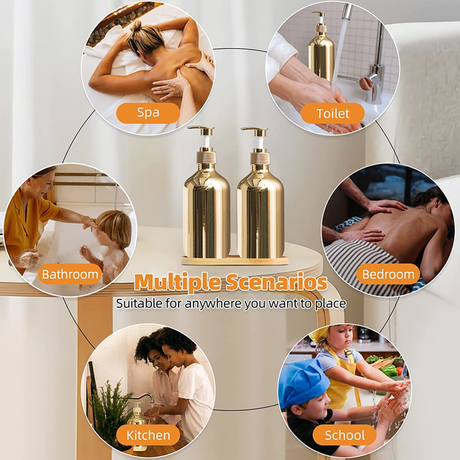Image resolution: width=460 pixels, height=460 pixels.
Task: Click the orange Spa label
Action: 148,113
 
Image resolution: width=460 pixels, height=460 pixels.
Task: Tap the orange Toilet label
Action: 333,113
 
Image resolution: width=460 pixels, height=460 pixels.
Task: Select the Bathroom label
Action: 70,274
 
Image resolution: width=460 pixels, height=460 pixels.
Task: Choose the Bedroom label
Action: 388,274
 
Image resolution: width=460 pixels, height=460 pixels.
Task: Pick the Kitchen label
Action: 148,435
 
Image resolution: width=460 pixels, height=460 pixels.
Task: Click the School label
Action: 345,435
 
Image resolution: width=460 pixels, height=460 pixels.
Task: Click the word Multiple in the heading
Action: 177,283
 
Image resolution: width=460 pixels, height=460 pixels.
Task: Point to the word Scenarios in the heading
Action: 276,282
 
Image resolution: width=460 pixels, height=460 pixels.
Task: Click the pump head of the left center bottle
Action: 201,131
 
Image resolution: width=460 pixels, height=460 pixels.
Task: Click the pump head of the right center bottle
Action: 255,131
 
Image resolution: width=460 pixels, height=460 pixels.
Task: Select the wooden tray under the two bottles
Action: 234,260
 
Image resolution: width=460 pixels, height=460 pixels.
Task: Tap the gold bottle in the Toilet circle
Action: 321,47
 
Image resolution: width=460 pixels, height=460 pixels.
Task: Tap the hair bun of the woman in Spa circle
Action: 136,26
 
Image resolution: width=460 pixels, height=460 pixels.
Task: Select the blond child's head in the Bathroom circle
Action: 115,228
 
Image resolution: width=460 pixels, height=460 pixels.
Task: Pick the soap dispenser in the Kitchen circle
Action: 137,422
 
